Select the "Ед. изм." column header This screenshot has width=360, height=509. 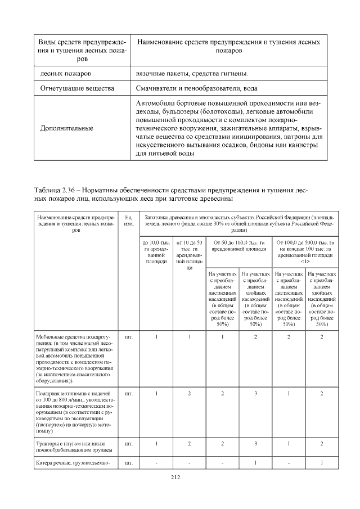coord(128,220)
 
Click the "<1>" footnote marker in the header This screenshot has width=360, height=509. coord(304,261)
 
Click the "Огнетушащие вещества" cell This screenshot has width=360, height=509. coord(77,88)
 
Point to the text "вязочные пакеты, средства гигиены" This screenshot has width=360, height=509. coord(191,74)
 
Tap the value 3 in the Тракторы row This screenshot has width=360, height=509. coord(256,444)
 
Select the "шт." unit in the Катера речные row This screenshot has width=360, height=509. coord(128,463)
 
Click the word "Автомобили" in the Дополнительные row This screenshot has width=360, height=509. coord(156,103)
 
